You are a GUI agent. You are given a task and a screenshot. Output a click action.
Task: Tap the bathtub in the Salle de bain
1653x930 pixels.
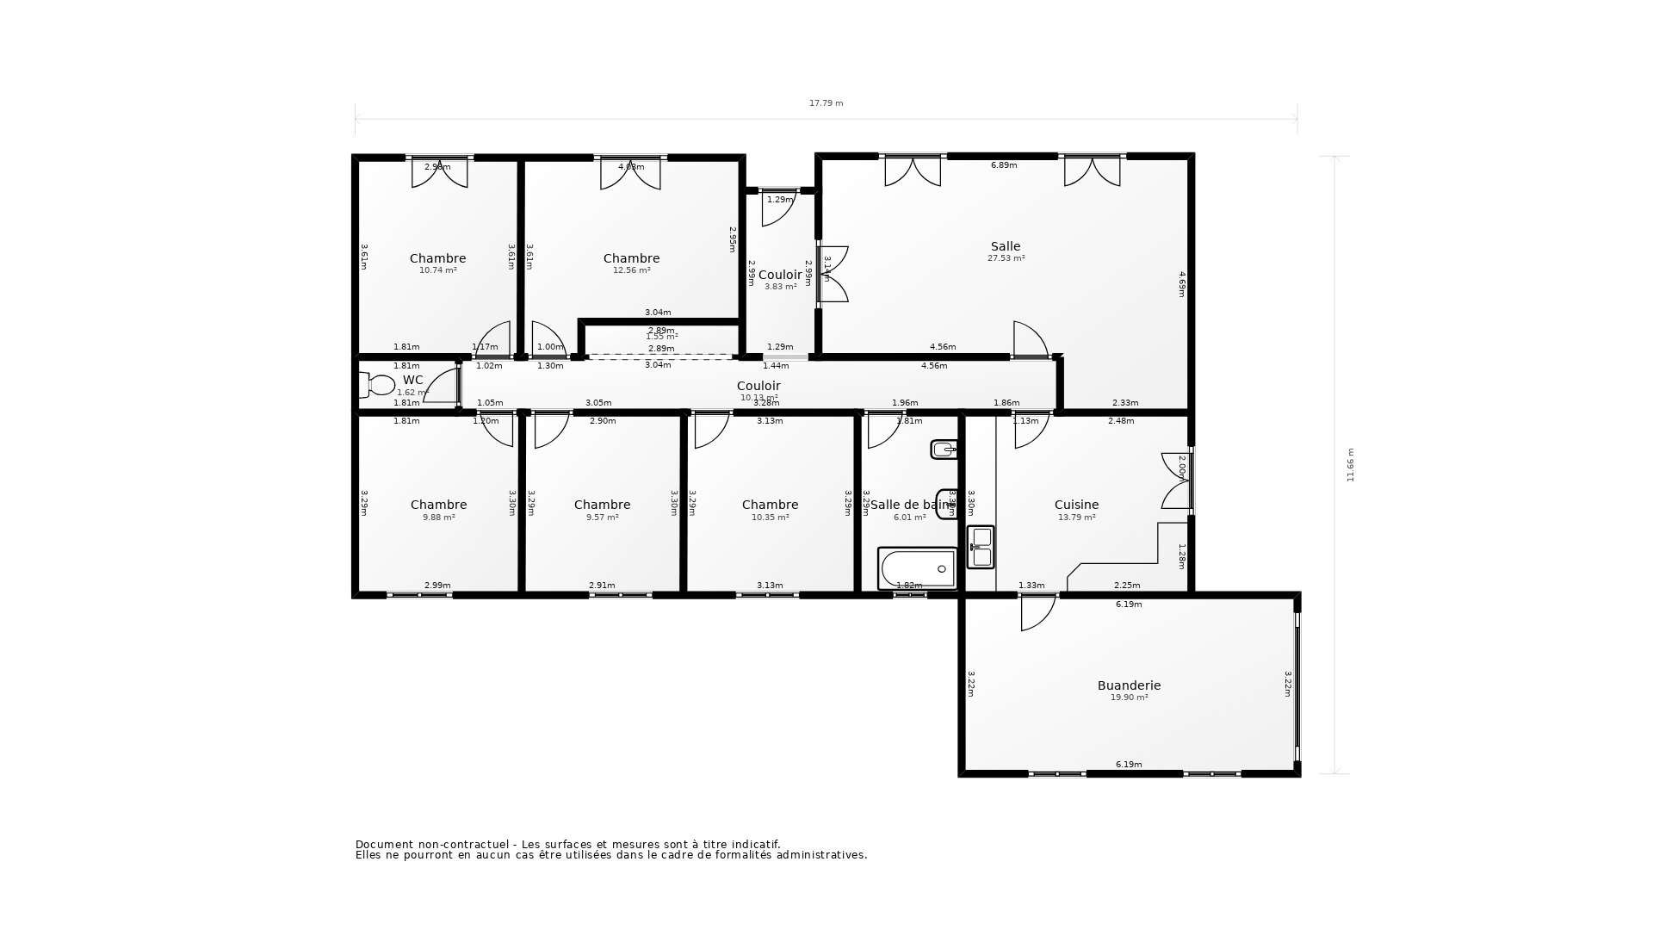[x=918, y=568]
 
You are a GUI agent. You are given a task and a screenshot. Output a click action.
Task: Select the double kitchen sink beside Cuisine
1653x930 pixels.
[x=981, y=547]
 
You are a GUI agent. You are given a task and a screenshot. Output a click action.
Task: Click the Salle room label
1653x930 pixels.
[x=1005, y=246]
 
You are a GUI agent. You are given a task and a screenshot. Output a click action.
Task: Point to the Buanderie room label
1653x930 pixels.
[x=1129, y=685]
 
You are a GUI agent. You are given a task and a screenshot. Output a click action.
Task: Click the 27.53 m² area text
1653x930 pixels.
[x=1006, y=258]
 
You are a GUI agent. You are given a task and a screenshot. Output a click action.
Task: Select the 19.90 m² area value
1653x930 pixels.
[x=1129, y=697]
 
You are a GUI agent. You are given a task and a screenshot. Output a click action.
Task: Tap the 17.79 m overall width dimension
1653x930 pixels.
[x=826, y=103]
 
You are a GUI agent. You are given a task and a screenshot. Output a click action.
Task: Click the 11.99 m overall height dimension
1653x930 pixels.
[x=1350, y=465]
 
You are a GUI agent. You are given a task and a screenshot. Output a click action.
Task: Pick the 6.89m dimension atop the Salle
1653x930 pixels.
[x=1004, y=165]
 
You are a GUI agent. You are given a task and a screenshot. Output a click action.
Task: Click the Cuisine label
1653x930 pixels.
[x=1076, y=505]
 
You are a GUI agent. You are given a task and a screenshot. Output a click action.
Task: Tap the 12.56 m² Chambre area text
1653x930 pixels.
[x=631, y=270]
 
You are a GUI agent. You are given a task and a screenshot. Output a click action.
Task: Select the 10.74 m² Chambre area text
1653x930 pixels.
[x=437, y=270]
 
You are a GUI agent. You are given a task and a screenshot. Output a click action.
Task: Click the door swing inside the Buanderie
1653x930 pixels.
[x=1037, y=614]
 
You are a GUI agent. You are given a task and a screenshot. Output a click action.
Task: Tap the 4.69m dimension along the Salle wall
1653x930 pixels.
[x=1182, y=284]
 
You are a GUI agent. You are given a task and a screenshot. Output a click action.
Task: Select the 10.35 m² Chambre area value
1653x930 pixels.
[x=770, y=518]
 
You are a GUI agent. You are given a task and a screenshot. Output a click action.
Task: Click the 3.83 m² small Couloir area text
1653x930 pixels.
[x=780, y=287]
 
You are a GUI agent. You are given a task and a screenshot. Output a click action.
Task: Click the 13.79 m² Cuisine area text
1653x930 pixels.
[x=1076, y=518]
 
